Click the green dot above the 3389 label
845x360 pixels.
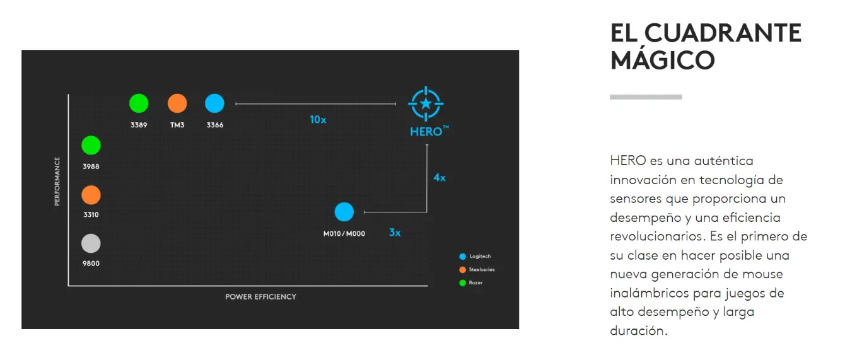(139, 103)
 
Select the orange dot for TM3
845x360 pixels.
(177, 103)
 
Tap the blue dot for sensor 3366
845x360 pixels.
(214, 103)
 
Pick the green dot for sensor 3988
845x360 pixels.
(91, 145)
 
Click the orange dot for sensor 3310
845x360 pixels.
(91, 195)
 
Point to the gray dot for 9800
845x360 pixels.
(91, 243)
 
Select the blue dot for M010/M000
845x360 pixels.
(344, 212)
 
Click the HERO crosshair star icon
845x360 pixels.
(426, 103)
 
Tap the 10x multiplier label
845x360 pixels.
(318, 120)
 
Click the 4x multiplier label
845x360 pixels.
(440, 178)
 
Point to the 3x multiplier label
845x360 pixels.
(395, 233)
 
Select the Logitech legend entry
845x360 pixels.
(475, 257)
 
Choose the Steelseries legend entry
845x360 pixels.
(477, 270)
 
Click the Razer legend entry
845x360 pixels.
(471, 282)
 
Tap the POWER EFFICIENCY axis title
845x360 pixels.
(260, 297)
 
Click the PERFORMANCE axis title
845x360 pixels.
(57, 182)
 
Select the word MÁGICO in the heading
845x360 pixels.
(662, 61)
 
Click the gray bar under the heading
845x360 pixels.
(646, 97)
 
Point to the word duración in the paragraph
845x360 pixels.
(639, 330)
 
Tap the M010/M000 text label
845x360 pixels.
(344, 234)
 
